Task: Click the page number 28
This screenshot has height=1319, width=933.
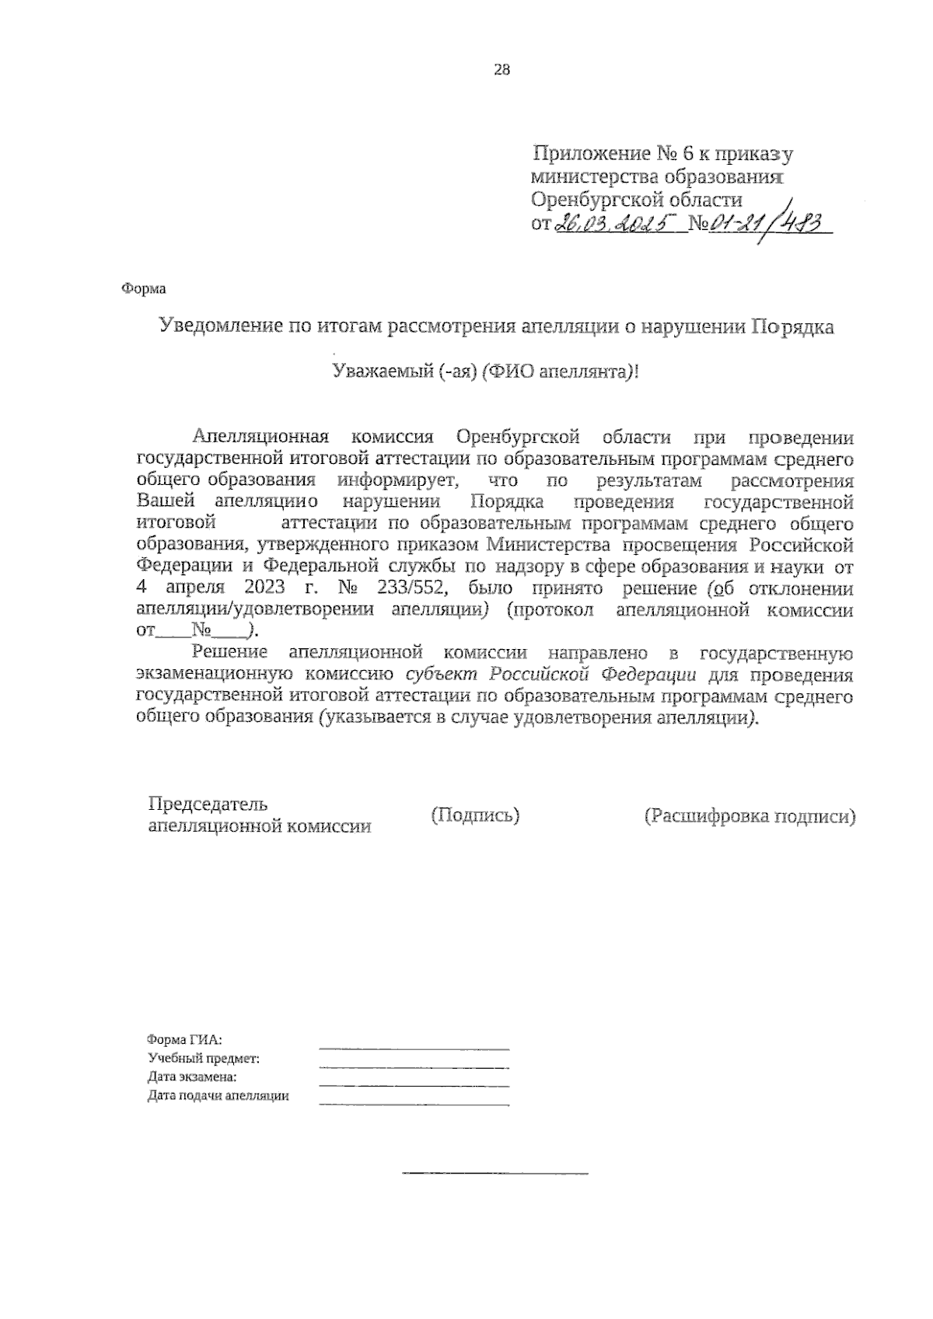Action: click(501, 70)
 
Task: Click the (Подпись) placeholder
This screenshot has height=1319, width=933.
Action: click(475, 815)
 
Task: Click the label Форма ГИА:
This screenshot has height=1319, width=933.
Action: click(185, 1039)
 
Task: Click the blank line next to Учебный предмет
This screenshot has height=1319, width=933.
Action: click(414, 1066)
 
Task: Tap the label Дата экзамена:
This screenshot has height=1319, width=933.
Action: click(192, 1077)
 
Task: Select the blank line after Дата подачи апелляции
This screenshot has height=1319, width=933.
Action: click(414, 1104)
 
